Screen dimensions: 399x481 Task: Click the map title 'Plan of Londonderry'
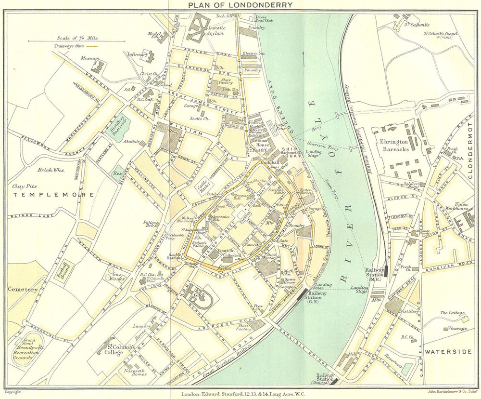(x=240, y=5)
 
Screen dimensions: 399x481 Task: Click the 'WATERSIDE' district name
(x=448, y=352)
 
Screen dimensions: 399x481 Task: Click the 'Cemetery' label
(x=22, y=289)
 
